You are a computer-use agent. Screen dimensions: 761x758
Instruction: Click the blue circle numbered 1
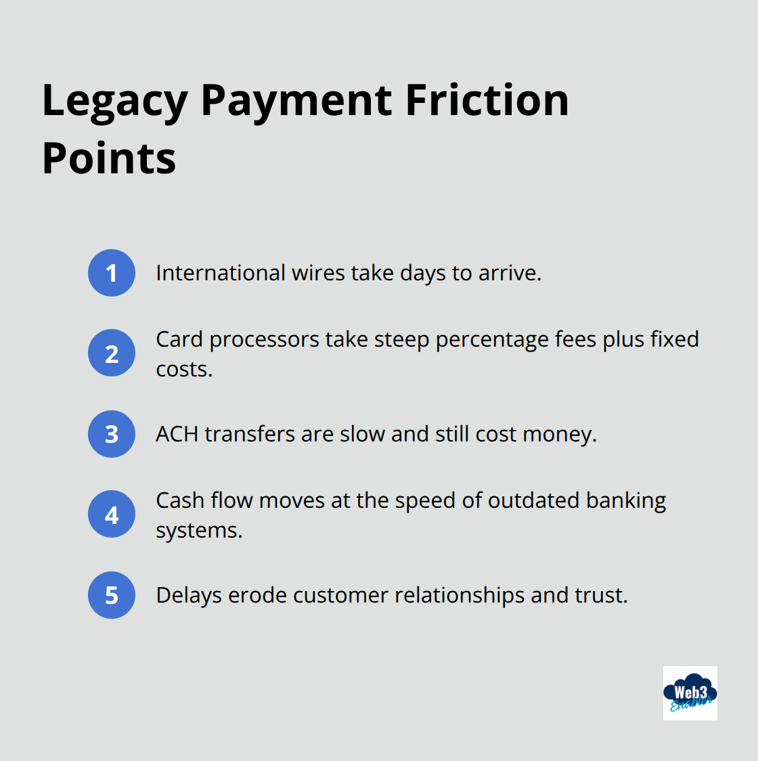(112, 273)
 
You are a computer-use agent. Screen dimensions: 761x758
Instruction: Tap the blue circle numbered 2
(112, 353)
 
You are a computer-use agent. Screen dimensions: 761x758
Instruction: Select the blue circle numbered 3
(112, 434)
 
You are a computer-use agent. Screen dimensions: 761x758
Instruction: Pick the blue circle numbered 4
(112, 515)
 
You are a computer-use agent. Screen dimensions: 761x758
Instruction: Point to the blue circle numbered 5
(112, 595)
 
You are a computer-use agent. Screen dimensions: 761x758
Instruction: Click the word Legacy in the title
(114, 102)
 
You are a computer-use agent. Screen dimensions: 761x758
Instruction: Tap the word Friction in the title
(487, 100)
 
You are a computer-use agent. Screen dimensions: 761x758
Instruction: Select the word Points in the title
(109, 159)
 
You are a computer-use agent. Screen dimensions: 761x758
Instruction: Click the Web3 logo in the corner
(690, 693)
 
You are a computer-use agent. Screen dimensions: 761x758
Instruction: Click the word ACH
(177, 434)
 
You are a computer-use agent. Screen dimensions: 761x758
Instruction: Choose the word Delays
(189, 596)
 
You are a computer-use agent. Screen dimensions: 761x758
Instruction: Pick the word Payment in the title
(296, 102)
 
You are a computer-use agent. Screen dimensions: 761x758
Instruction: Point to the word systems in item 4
(198, 530)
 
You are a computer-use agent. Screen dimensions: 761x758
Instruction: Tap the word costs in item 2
(183, 370)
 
